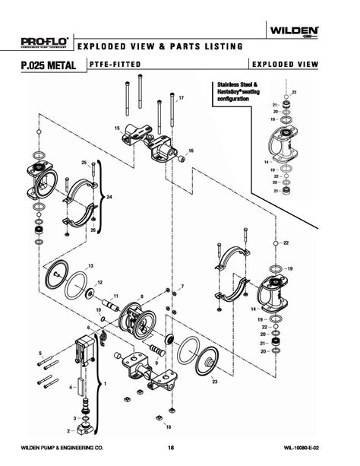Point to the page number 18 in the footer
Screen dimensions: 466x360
[x=179, y=447]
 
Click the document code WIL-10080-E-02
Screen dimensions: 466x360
[x=315, y=447]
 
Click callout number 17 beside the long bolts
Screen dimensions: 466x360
[x=181, y=99]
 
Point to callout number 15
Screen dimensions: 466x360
[x=118, y=129]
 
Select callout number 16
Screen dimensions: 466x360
[x=191, y=151]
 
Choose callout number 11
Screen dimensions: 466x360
[x=116, y=295]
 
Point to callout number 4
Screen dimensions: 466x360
[x=72, y=388]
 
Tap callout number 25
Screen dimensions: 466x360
[x=84, y=163]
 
